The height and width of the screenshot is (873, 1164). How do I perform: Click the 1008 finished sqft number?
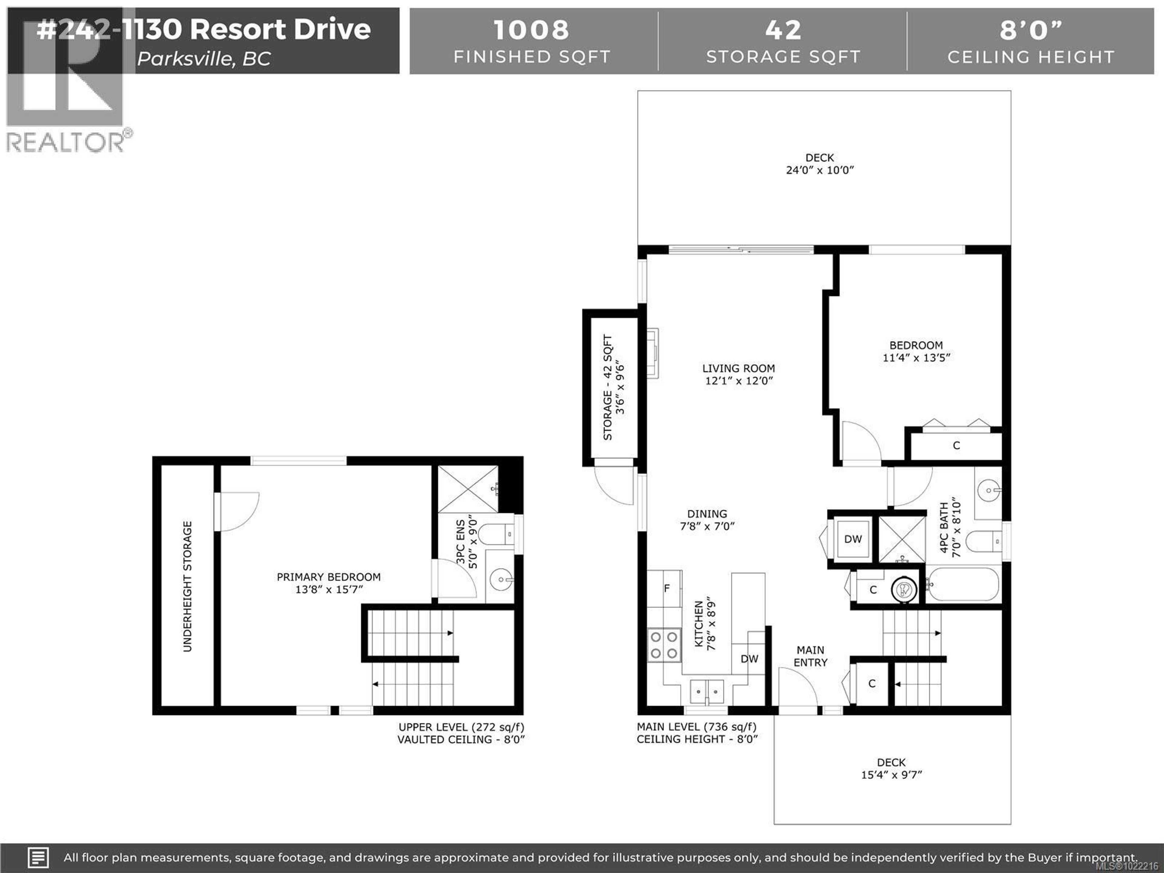[x=531, y=30]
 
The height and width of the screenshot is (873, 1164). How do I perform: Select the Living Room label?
[x=738, y=368]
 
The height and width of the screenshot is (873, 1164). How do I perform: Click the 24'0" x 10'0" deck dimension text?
[x=819, y=170]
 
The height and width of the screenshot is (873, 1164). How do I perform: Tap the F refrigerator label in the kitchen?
[x=666, y=588]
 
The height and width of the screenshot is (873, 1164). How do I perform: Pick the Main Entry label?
[x=810, y=656]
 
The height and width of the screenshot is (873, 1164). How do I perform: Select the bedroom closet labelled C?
[x=956, y=446]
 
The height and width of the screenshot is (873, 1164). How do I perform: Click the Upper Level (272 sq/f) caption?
[x=461, y=727]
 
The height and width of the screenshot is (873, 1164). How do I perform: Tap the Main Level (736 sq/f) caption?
[x=696, y=727]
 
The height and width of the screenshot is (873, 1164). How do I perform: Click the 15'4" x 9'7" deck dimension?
[x=891, y=774]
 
